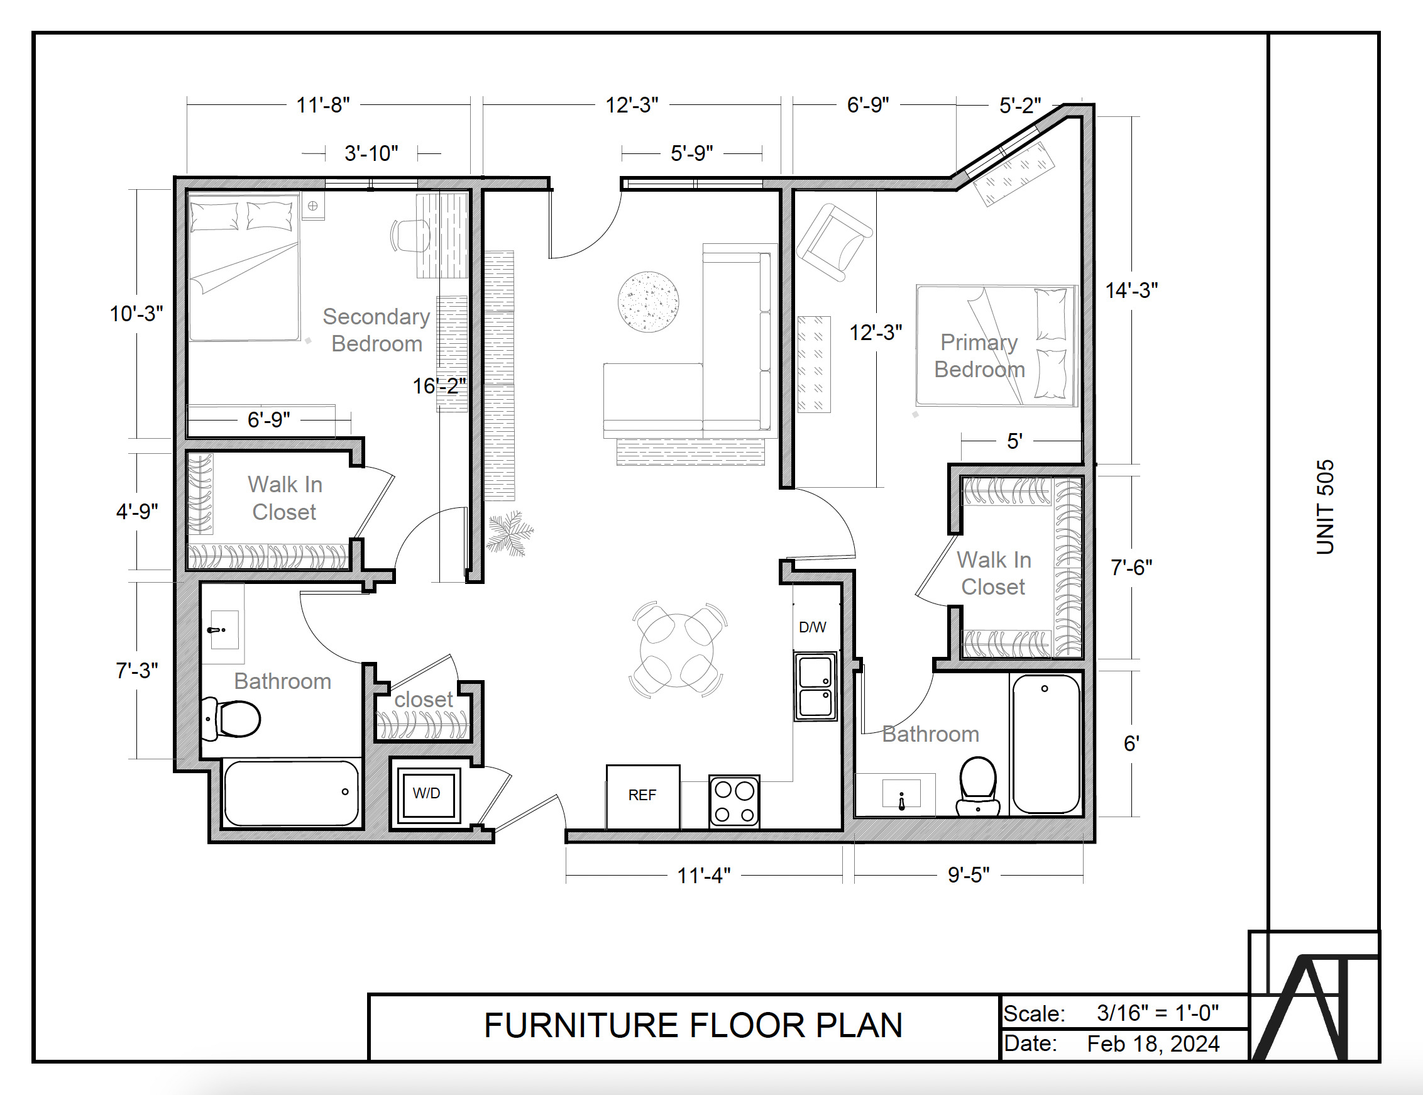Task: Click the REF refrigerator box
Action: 642,795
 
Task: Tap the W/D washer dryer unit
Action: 427,793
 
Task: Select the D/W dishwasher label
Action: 813,627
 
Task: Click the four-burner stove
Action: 734,801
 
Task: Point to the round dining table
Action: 677,651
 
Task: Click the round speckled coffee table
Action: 648,302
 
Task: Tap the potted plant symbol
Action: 510,533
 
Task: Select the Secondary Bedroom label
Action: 376,330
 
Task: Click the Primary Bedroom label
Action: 979,356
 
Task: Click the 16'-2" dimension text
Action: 439,386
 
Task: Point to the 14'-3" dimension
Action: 1131,290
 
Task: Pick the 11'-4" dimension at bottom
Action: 704,876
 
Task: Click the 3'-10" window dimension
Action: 371,153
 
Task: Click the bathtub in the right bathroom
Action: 1046,744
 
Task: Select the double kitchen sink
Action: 815,687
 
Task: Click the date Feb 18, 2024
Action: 1153,1044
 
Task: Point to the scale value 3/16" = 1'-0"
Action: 1157,1013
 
